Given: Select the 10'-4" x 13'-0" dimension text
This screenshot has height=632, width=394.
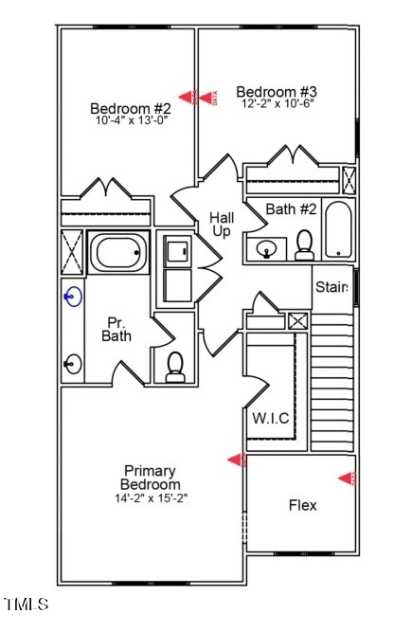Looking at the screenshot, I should (x=130, y=120).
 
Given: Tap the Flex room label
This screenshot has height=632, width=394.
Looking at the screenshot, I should (x=302, y=505).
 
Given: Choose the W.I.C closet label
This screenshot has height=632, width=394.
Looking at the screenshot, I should (x=270, y=418).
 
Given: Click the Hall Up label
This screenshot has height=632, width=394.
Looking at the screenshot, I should (x=223, y=226).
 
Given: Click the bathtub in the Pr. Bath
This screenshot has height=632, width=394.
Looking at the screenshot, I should (x=119, y=253).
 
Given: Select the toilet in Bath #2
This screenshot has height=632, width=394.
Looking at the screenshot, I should (x=304, y=244).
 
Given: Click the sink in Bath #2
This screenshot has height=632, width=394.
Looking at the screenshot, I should (x=267, y=250).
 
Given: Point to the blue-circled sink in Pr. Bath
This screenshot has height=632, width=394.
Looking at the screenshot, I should (x=72, y=297).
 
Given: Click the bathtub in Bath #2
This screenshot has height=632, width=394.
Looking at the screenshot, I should (x=337, y=230).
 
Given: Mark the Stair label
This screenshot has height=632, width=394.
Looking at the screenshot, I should (x=331, y=287).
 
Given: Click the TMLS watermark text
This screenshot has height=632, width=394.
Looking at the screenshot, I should (x=27, y=604).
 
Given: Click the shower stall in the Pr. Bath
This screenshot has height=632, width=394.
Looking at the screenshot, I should (x=72, y=253).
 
